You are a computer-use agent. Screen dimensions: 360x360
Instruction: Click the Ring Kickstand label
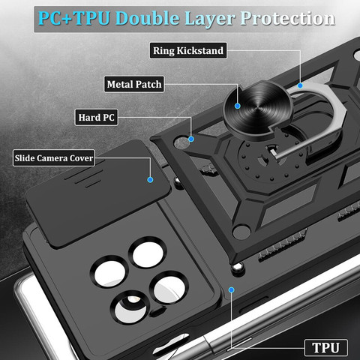click(x=188, y=50)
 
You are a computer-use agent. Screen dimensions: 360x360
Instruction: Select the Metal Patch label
click(x=134, y=84)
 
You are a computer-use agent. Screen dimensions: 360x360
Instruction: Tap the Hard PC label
click(x=96, y=117)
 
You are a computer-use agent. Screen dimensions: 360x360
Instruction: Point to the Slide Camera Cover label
click(x=54, y=158)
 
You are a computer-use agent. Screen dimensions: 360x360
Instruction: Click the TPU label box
click(x=326, y=347)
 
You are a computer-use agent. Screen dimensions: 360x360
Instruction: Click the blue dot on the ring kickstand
click(x=300, y=85)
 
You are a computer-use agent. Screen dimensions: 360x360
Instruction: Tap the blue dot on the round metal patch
click(x=238, y=106)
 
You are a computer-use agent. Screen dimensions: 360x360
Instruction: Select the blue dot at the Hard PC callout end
click(x=191, y=139)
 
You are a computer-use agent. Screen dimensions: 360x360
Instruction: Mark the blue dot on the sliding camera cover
click(x=150, y=179)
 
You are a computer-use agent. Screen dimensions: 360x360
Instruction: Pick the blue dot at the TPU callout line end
click(x=232, y=289)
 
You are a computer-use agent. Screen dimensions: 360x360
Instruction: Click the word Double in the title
click(x=148, y=19)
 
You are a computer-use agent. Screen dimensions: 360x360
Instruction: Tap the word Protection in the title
click(x=287, y=19)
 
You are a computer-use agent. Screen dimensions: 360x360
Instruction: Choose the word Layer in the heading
click(x=210, y=19)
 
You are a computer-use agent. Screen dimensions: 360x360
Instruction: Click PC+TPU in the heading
click(x=74, y=18)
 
